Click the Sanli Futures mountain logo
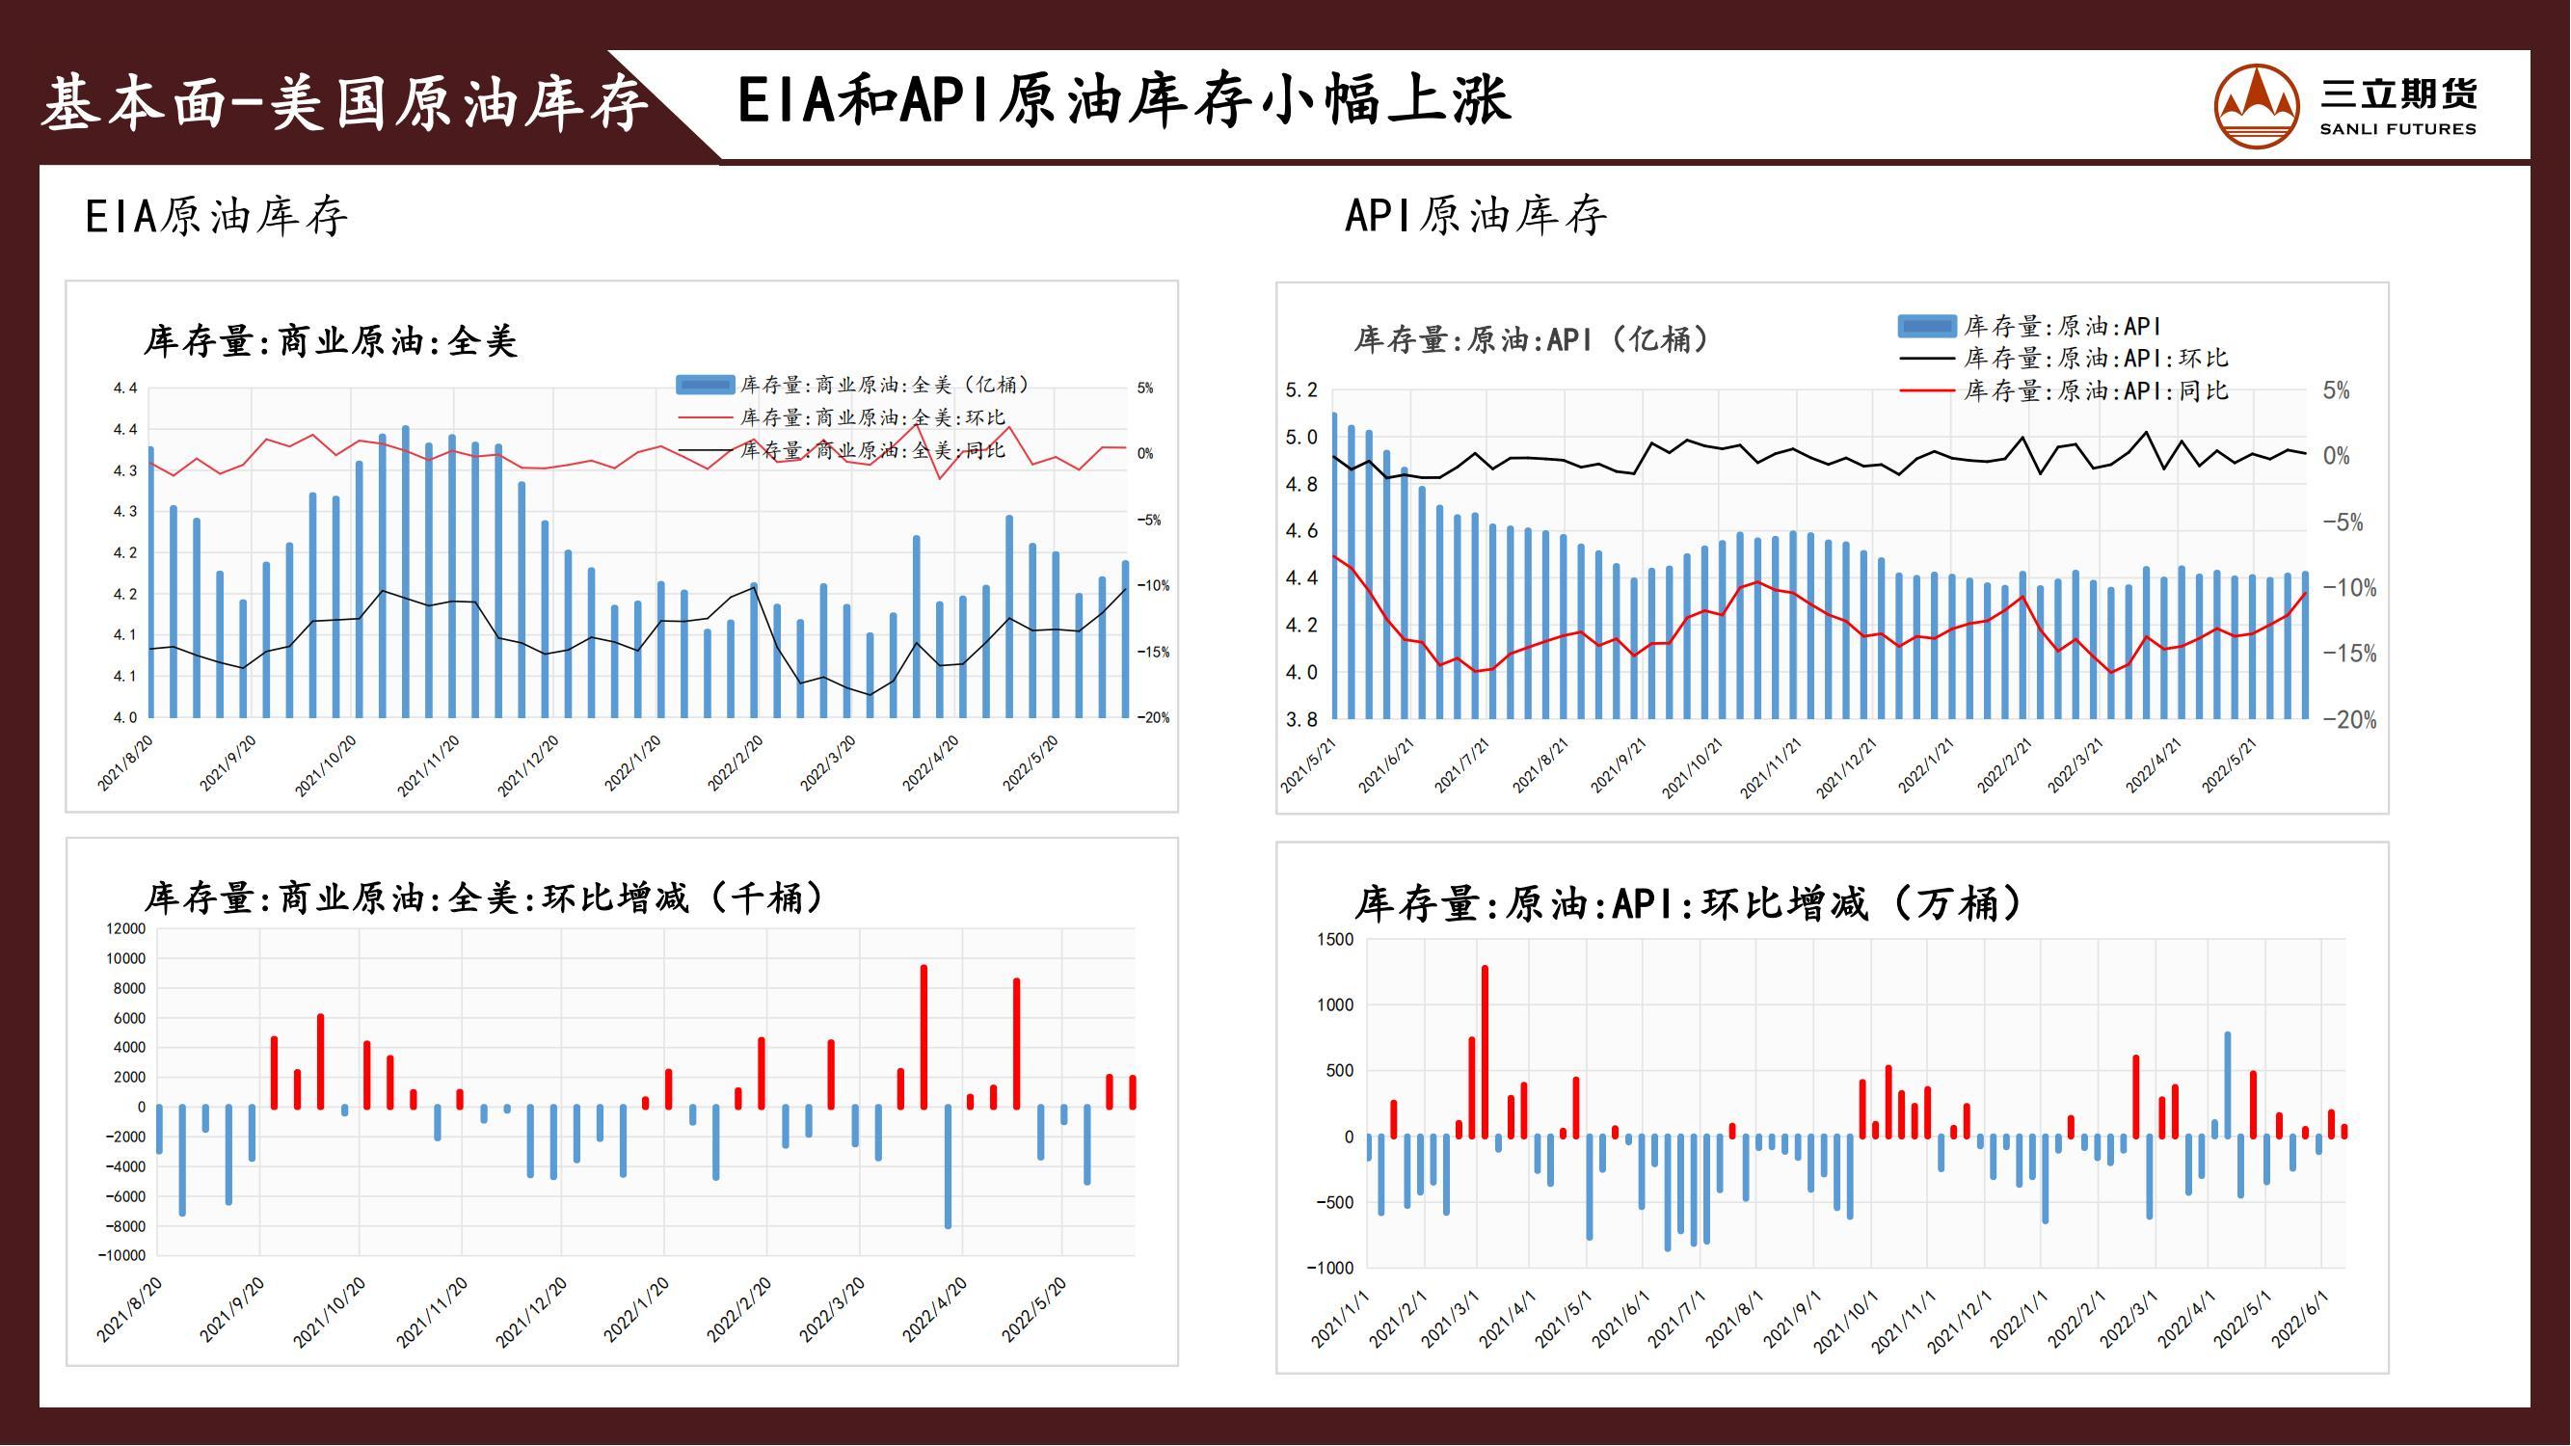(2256, 107)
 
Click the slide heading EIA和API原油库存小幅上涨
(1124, 101)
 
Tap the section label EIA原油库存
(217, 217)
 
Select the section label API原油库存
(1475, 217)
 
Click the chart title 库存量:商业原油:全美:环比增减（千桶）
(485, 898)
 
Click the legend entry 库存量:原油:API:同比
(2095, 391)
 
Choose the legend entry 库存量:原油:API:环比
(2095, 359)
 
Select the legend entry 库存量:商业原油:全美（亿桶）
(884, 386)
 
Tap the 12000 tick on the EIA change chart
(125, 929)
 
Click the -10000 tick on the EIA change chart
(121, 1255)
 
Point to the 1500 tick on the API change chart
(1335, 939)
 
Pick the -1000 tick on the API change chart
(1330, 1268)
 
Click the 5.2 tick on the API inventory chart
(1301, 390)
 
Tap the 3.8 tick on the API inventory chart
(1301, 719)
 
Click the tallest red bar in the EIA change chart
(924, 1036)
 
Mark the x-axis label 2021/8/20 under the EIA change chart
(130, 1309)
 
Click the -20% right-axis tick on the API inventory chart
(2348, 720)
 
